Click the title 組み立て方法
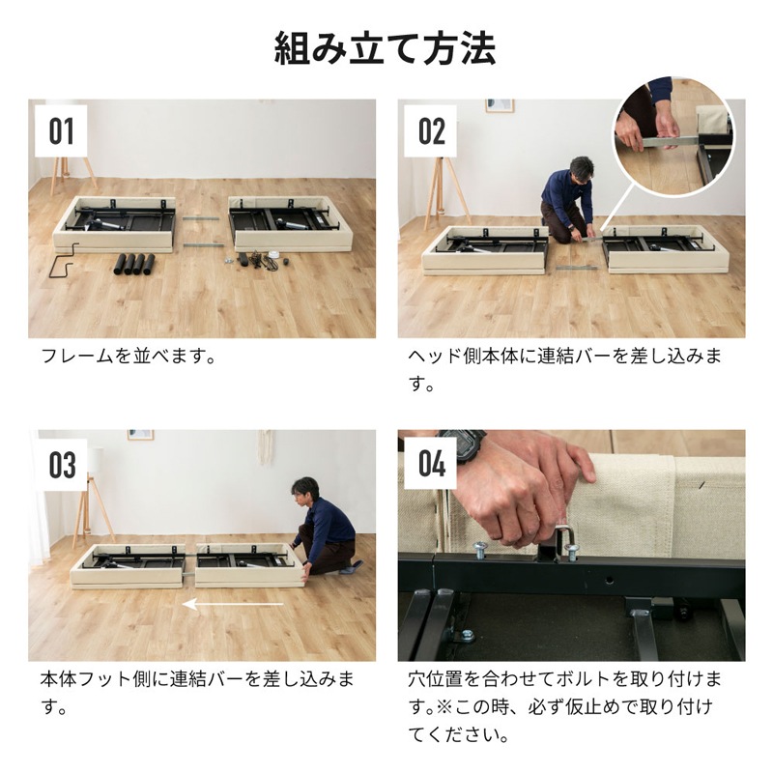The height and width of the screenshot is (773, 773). point(386,47)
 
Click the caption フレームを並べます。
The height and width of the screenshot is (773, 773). point(127,357)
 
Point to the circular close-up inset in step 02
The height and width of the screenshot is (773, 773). point(674,138)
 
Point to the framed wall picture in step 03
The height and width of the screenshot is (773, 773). point(140,435)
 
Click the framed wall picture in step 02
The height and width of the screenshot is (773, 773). point(500,105)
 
